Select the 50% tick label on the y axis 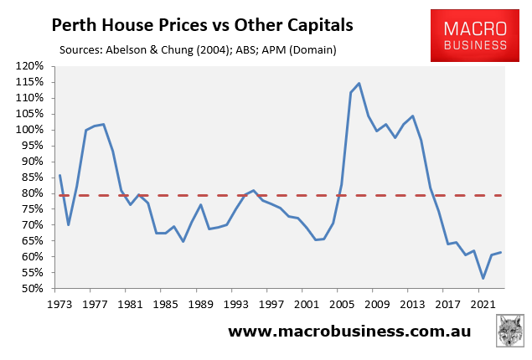point(34,289)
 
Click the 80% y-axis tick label point(34,193)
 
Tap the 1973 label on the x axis point(59,304)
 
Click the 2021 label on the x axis point(483,304)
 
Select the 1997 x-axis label point(271,304)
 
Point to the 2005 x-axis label point(341,304)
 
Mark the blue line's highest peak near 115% point(359,84)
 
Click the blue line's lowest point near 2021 point(483,279)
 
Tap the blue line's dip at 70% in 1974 point(69,224)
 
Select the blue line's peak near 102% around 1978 point(103,125)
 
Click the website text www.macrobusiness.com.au point(349,332)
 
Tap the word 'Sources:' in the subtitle point(85,50)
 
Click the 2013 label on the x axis point(412,304)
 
